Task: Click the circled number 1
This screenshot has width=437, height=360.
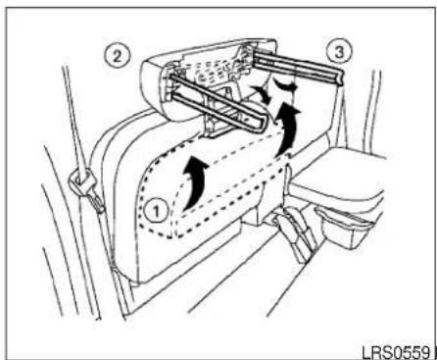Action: (156, 212)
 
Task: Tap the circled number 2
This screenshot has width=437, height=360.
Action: (118, 57)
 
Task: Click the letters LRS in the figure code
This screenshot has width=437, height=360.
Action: (374, 353)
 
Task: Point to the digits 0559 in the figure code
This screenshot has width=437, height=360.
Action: (410, 353)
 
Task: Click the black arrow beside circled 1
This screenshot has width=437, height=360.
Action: (195, 182)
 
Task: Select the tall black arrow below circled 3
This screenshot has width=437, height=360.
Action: (288, 129)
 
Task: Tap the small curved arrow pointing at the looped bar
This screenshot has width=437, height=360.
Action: (263, 93)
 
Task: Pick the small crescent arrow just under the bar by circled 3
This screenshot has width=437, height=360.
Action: (285, 84)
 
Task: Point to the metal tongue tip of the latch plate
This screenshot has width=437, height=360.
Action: (98, 203)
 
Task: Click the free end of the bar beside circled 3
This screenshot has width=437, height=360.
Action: (340, 77)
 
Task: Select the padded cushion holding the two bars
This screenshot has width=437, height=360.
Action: (209, 77)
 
